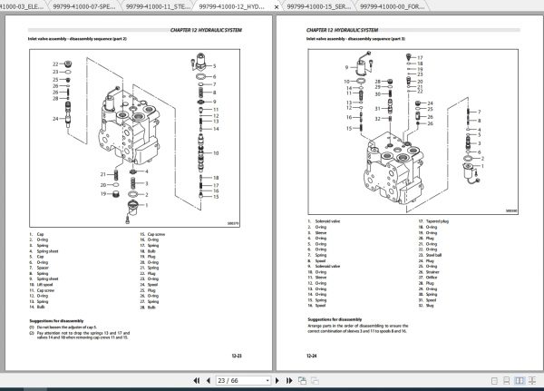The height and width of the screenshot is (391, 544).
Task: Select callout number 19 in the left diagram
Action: click(105, 194)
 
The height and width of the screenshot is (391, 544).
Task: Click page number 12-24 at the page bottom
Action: click(311, 355)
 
